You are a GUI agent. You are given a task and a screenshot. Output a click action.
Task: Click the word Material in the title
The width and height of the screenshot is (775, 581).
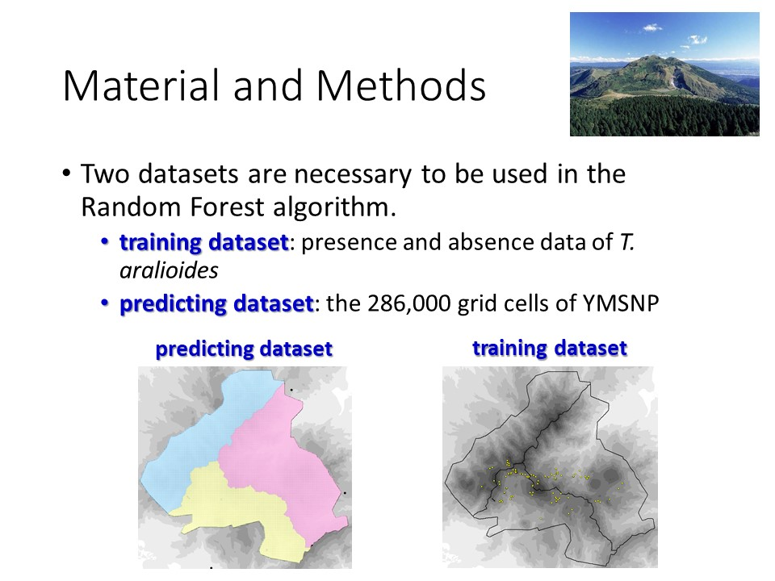point(140,86)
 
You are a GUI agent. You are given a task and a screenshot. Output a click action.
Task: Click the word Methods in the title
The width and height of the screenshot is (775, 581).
point(401,86)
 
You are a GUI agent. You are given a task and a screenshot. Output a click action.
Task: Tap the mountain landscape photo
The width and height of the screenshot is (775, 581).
point(664,74)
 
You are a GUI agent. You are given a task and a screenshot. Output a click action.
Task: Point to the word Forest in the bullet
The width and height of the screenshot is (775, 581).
point(228,207)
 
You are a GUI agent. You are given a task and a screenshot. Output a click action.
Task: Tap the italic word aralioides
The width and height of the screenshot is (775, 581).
point(169,270)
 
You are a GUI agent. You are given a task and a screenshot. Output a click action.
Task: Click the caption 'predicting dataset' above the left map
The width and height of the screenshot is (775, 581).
point(244,349)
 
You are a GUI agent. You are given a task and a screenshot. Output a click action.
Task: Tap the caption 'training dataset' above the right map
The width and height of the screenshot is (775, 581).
point(550,349)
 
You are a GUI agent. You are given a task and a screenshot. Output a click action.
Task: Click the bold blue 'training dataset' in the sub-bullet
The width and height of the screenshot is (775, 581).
point(203,243)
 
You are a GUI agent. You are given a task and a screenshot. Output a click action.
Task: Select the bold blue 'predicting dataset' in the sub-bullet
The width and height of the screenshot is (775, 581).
point(216,304)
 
